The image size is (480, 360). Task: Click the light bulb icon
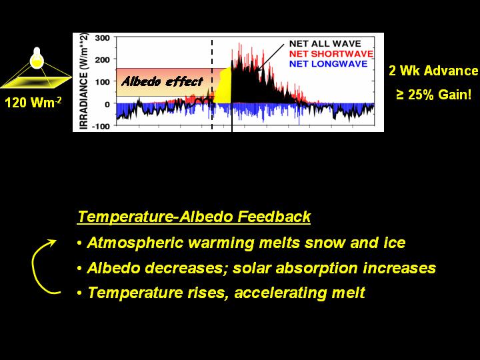pyautogui.click(x=37, y=58)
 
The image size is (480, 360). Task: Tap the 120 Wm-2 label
pyautogui.click(x=33, y=102)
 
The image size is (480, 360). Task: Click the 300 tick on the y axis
pyautogui.click(x=102, y=38)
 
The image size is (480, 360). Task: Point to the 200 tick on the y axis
pyautogui.click(x=102, y=60)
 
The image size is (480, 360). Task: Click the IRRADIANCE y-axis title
pyautogui.click(x=84, y=81)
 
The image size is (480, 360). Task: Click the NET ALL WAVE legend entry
pyautogui.click(x=325, y=43)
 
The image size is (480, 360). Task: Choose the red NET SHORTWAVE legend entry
pyautogui.click(x=331, y=54)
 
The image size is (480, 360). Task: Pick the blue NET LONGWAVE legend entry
pyautogui.click(x=328, y=64)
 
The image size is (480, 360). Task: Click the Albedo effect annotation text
pyautogui.click(x=162, y=82)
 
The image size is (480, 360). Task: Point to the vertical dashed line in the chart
pyautogui.click(x=212, y=84)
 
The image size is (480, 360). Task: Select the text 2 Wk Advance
pyautogui.click(x=433, y=71)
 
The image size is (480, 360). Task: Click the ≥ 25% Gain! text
pyautogui.click(x=433, y=95)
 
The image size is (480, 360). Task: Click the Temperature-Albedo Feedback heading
pyautogui.click(x=194, y=217)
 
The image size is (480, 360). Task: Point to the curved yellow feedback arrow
pyautogui.click(x=33, y=266)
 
